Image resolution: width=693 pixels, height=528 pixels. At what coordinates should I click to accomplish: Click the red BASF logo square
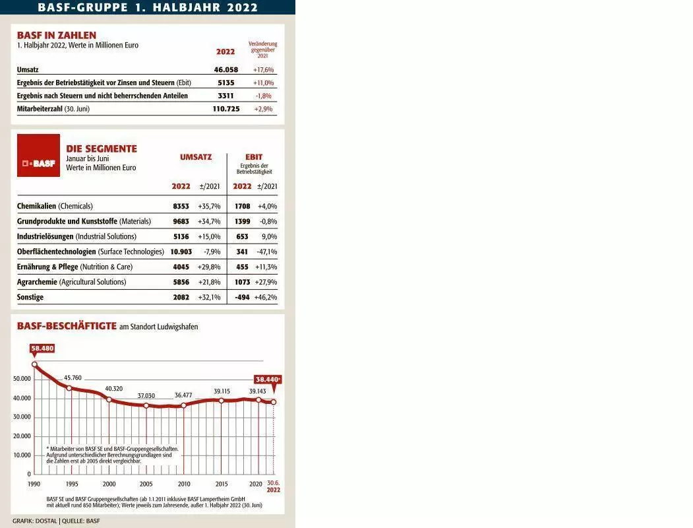coord(38,156)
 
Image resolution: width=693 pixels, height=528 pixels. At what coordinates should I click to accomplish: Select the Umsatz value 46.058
coord(226,69)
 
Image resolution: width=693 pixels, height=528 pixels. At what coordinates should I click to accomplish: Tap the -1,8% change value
coord(263,96)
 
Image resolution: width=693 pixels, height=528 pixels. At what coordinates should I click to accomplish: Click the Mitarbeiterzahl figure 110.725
coord(226,109)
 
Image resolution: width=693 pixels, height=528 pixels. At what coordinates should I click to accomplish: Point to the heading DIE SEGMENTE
coord(102,148)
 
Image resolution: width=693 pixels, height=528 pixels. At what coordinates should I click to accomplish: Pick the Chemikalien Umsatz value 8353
coord(181,206)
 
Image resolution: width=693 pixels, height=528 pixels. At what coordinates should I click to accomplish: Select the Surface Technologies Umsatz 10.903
coord(181,251)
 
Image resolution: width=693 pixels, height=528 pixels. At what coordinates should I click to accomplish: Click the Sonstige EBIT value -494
coord(242,297)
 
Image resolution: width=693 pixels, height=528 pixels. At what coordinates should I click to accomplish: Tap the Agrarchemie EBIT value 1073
coord(242,282)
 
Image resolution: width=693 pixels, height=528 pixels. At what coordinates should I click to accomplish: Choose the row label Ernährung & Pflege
coord(47,267)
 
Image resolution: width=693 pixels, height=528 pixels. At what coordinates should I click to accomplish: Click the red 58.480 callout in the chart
coord(42,348)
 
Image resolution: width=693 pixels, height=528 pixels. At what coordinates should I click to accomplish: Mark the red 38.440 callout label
coord(268,379)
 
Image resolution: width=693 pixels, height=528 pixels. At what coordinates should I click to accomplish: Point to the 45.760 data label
coord(73,378)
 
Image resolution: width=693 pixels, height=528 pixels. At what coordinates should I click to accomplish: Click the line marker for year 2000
coord(109,400)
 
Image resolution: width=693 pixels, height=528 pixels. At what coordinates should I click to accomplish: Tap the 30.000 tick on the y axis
coord(22,417)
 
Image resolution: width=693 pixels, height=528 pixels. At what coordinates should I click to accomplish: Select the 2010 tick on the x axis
coord(184,484)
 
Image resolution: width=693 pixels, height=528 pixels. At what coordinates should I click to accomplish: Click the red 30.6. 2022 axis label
coord(274,486)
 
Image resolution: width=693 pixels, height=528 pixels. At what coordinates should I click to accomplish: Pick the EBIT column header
coord(254,157)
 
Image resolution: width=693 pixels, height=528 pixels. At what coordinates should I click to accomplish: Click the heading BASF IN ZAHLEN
coord(57,36)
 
